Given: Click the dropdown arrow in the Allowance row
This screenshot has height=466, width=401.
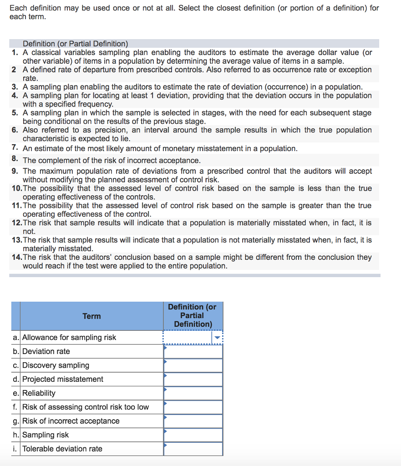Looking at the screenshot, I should pyautogui.click(x=217, y=338).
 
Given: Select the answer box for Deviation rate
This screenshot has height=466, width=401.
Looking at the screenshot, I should pyautogui.click(x=193, y=352).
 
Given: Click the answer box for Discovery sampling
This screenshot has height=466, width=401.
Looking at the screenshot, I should pyautogui.click(x=193, y=365).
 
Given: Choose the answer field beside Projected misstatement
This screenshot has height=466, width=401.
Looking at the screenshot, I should pyautogui.click(x=193, y=380).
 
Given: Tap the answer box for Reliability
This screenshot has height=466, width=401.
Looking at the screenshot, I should pyautogui.click(x=193, y=393).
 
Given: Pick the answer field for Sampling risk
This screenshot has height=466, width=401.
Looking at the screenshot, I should pyautogui.click(x=193, y=435).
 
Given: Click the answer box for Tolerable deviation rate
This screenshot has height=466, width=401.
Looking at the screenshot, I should pyautogui.click(x=193, y=449).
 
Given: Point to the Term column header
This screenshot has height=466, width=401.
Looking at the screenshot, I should pyautogui.click(x=91, y=316).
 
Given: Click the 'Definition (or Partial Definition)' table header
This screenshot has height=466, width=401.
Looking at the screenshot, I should pyautogui.click(x=193, y=315).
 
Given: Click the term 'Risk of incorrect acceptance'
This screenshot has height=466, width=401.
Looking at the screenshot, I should pyautogui.click(x=71, y=421).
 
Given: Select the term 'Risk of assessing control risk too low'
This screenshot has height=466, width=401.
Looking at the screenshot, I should pyautogui.click(x=86, y=407).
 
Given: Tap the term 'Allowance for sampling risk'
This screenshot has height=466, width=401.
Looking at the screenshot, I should pyautogui.click(x=69, y=338).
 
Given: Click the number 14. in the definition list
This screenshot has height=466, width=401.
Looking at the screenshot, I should pyautogui.click(x=17, y=257).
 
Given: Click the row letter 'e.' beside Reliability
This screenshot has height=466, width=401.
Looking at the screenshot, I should pyautogui.click(x=16, y=393).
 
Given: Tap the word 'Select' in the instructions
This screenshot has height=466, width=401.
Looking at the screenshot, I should pyautogui.click(x=188, y=8).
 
